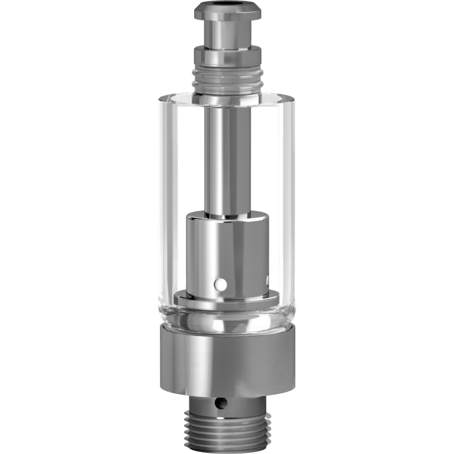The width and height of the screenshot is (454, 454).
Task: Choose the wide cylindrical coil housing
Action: (x=227, y=250)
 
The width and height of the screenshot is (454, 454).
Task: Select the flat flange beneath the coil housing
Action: (x=227, y=298)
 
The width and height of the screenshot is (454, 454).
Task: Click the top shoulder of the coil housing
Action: (x=227, y=216)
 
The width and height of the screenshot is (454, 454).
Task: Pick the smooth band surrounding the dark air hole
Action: (x=244, y=404)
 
